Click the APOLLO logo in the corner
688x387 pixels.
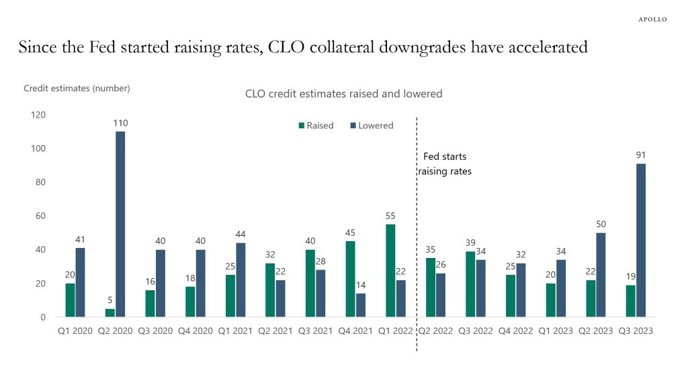(x=652, y=19)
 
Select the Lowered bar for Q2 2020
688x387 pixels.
(x=120, y=224)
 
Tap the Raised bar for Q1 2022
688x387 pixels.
(x=390, y=271)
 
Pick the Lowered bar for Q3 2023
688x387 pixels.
(x=641, y=240)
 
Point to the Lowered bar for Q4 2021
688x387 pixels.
(x=361, y=305)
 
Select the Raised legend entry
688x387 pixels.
(x=316, y=126)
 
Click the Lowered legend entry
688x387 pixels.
(x=371, y=126)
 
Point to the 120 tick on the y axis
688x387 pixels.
(x=38, y=115)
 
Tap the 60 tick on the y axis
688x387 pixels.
(x=40, y=216)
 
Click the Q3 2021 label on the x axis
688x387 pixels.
(x=315, y=331)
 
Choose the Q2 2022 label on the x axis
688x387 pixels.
(x=435, y=331)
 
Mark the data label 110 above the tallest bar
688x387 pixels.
(x=120, y=123)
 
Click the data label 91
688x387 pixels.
(x=641, y=155)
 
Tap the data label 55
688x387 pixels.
(x=390, y=216)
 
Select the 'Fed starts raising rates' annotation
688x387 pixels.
(x=445, y=164)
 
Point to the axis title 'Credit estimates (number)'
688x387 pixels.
(x=77, y=88)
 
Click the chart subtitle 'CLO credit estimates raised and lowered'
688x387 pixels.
(x=343, y=94)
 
